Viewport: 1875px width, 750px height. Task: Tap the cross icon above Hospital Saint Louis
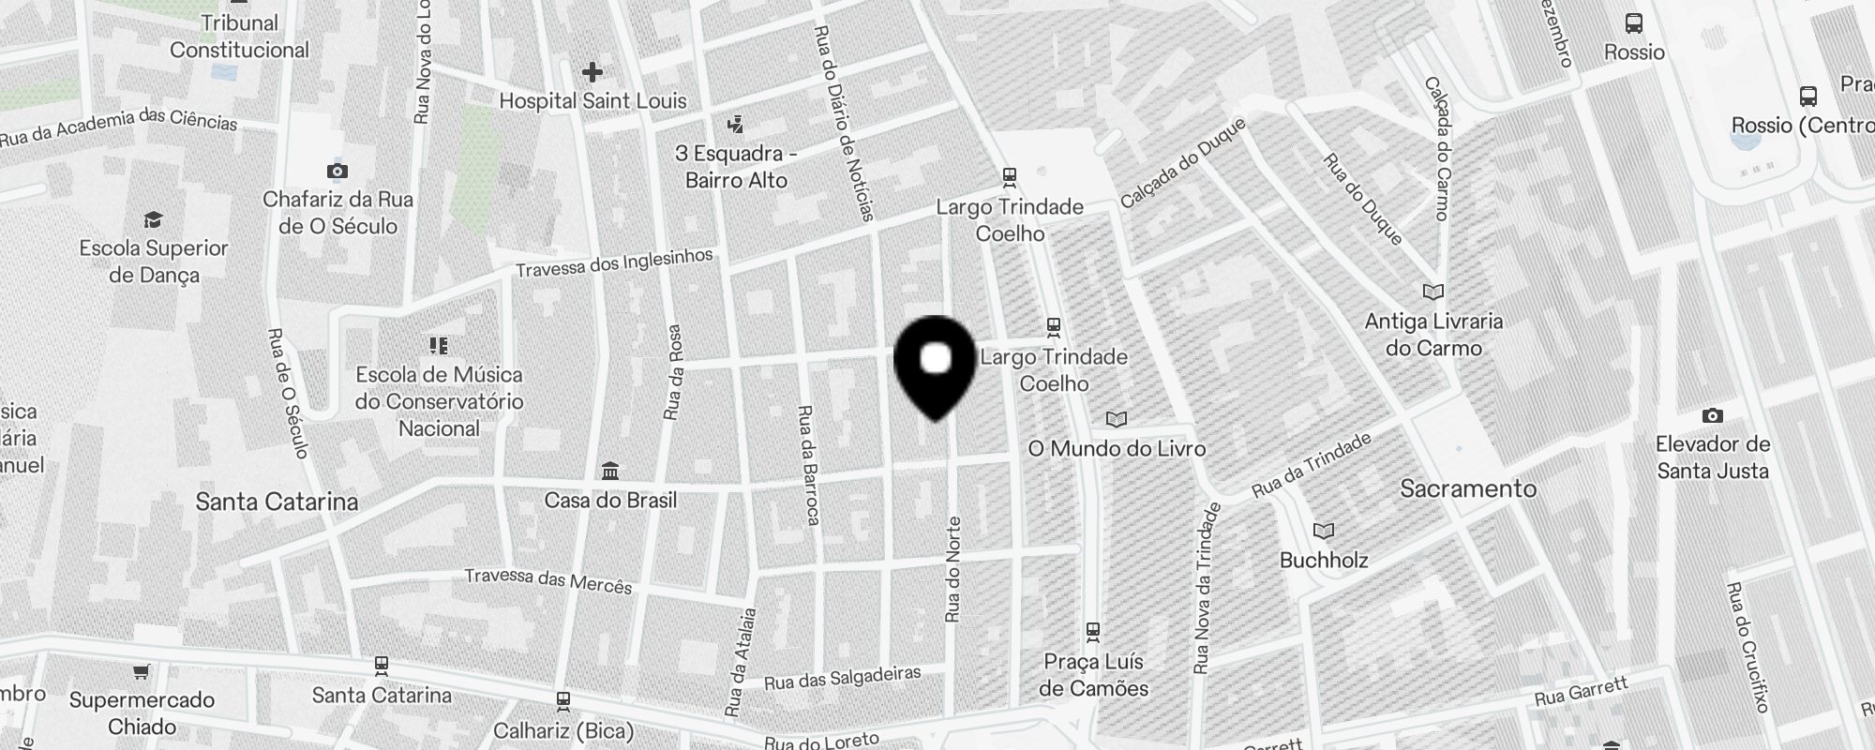point(592,72)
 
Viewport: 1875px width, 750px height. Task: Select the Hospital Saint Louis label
point(592,100)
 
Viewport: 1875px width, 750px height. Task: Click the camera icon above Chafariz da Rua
point(337,171)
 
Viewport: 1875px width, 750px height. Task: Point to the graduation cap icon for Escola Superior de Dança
point(153,220)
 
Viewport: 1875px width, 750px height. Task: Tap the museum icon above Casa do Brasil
point(610,470)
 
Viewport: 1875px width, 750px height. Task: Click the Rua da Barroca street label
point(808,465)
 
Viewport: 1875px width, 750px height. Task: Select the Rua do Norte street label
point(953,569)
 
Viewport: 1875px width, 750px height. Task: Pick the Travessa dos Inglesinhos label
point(614,262)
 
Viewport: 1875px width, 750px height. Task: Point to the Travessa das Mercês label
point(548,580)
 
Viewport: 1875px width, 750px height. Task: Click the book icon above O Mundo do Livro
point(1116,419)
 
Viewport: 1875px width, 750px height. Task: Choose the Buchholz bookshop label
point(1324,560)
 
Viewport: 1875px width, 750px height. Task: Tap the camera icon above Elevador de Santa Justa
point(1712,415)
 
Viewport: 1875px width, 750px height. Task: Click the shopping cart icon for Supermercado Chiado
point(141,671)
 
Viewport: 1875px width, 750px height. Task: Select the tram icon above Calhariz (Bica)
point(562,700)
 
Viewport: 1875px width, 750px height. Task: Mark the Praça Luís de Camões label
point(1093,675)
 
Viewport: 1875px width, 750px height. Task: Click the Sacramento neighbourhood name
point(1468,488)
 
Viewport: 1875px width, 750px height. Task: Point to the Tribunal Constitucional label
point(239,37)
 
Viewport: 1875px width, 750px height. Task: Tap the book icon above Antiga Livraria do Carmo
point(1432,292)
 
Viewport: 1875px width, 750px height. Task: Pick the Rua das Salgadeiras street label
point(843,677)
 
